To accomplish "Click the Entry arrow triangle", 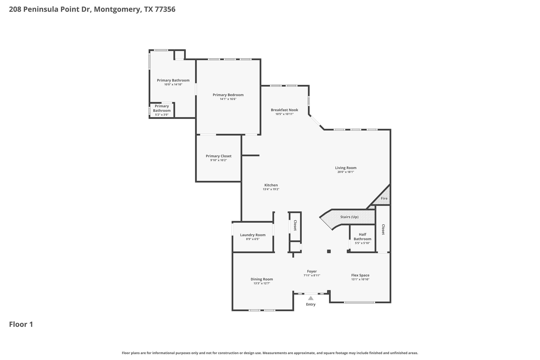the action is click(311, 298).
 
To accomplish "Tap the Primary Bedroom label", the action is click(228, 95).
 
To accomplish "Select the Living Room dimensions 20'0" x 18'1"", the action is click(346, 172).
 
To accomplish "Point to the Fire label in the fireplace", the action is click(384, 198).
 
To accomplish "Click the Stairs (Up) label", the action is click(349, 217).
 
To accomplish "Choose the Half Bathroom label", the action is click(363, 237).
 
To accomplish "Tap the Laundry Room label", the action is click(253, 235).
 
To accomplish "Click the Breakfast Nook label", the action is click(285, 110).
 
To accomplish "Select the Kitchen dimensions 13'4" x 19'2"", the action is click(271, 189).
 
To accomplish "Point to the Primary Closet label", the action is click(219, 156).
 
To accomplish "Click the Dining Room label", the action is click(262, 279).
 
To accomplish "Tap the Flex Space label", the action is click(360, 275).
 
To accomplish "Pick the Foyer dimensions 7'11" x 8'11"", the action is click(312, 275).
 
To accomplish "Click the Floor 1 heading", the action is click(21, 324).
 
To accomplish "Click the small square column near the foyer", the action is click(329, 251).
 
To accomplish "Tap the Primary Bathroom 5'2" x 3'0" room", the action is click(162, 110).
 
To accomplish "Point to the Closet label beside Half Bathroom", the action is click(383, 229).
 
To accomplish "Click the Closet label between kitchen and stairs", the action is click(295, 225).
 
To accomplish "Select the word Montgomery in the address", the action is click(117, 9).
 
